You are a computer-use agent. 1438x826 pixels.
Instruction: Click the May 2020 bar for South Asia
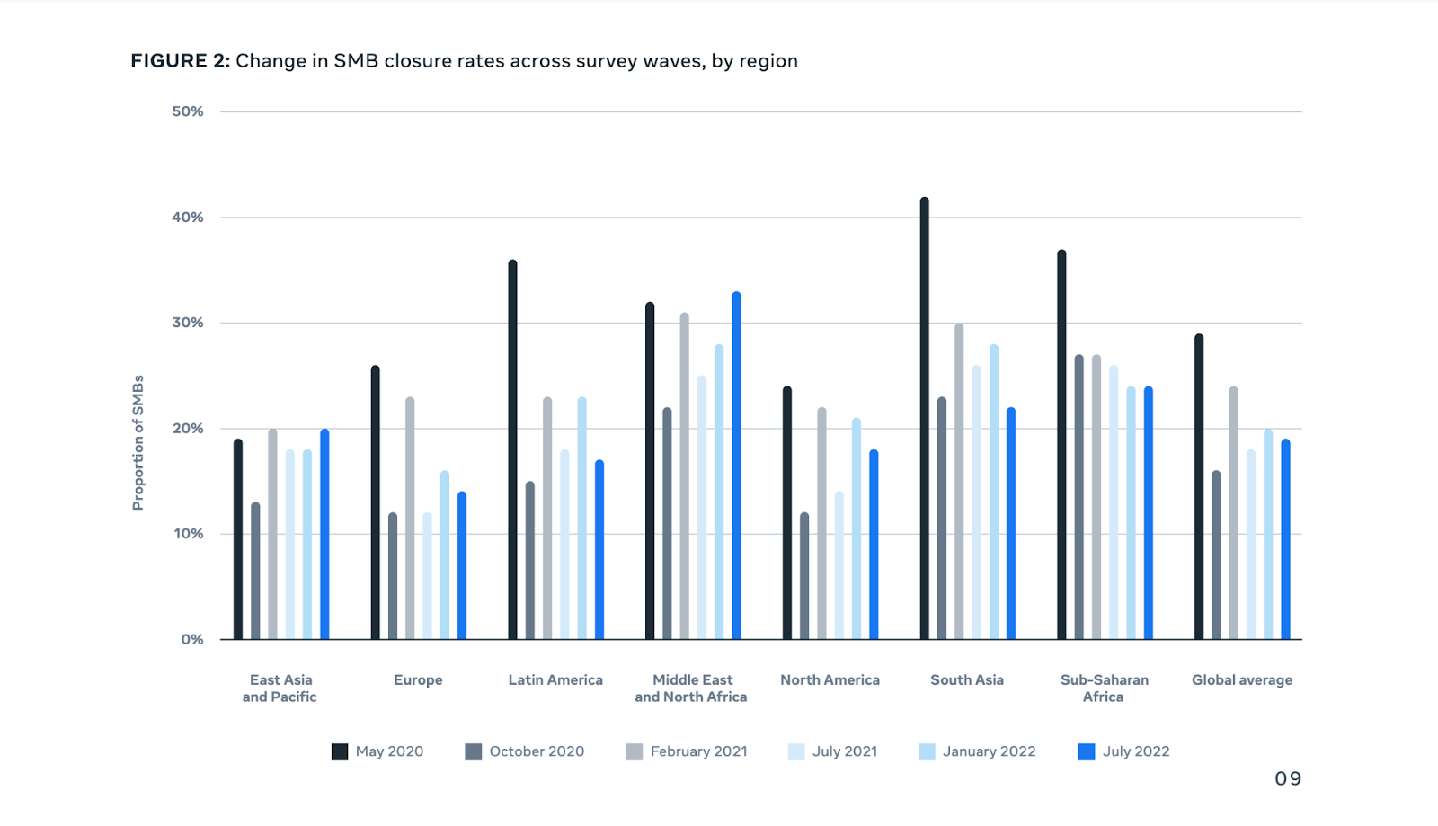(924, 419)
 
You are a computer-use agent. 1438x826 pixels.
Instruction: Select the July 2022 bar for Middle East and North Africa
(736, 466)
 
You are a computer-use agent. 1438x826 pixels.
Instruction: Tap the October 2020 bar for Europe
(393, 576)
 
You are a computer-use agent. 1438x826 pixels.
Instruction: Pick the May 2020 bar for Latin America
(512, 450)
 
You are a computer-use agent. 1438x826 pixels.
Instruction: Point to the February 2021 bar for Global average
(1233, 513)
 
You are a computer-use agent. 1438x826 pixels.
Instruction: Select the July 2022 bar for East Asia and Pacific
(324, 535)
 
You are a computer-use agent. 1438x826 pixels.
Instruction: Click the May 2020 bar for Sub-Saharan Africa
(1061, 445)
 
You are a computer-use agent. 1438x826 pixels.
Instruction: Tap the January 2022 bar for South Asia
(993, 493)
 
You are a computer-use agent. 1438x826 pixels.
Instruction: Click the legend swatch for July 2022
(1087, 752)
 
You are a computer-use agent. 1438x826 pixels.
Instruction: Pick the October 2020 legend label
(537, 752)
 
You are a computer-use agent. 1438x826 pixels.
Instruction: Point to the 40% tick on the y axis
(188, 218)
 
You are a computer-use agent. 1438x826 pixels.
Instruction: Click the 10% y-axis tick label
(188, 534)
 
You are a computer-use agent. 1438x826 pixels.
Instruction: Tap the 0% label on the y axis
(192, 640)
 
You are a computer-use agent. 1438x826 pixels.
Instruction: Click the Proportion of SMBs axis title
(138, 442)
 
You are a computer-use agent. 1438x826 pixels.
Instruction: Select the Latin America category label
(555, 680)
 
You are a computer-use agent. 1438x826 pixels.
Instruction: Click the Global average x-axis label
(1242, 680)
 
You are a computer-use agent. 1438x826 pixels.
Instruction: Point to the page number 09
(1287, 779)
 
